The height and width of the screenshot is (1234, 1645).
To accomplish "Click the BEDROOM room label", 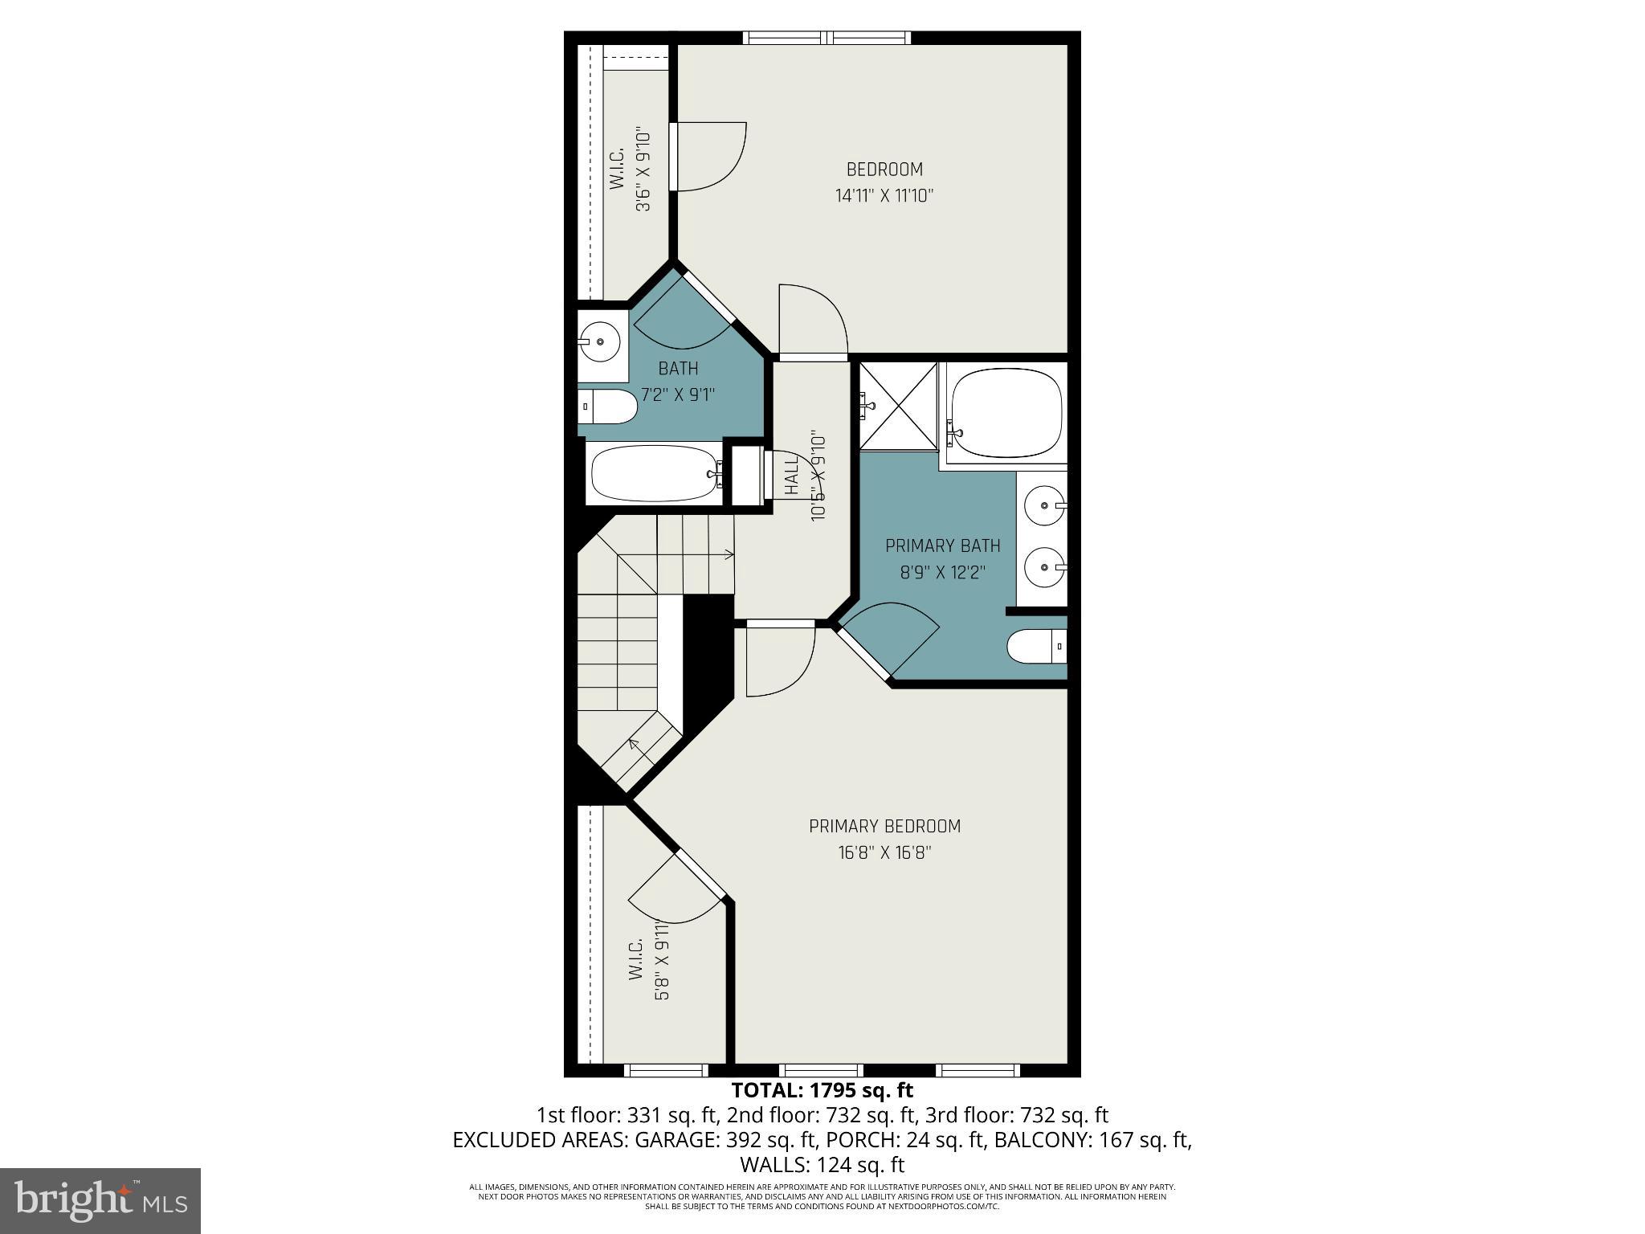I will (x=884, y=170).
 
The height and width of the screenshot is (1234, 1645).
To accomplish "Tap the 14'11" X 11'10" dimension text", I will (x=884, y=195).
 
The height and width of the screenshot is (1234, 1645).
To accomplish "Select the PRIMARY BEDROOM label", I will (x=884, y=826).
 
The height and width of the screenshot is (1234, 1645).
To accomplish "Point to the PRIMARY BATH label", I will (x=942, y=546).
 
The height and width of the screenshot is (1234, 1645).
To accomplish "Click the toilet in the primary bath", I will (x=1035, y=646).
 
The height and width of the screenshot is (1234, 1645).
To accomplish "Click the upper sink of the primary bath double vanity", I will (x=1044, y=506).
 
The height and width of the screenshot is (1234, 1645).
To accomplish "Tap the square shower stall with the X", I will (x=898, y=406).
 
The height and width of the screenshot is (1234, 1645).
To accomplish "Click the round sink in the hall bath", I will (x=601, y=342).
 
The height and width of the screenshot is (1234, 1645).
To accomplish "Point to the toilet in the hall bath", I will (x=609, y=407).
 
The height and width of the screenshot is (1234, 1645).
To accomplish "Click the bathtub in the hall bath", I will (x=654, y=474).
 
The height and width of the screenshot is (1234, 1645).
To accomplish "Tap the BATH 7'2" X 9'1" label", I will (x=678, y=382).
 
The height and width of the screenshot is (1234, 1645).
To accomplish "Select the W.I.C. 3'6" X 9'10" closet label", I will (x=630, y=170).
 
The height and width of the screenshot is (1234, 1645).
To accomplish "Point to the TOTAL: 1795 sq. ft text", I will (x=822, y=1090).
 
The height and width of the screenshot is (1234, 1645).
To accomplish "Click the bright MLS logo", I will (x=100, y=1200).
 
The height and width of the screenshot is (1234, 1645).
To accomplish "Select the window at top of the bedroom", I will (x=827, y=37).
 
